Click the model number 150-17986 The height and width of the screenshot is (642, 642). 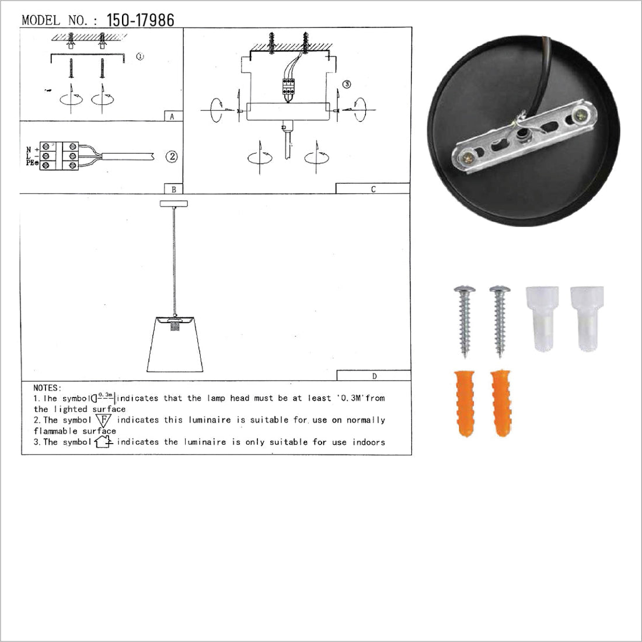tap(141, 20)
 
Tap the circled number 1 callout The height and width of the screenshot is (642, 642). tap(140, 57)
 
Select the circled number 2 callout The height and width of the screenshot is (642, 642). tap(172, 156)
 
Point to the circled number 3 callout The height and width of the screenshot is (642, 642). tap(347, 85)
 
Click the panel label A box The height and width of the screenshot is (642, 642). tap(173, 116)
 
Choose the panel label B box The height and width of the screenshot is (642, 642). tap(173, 189)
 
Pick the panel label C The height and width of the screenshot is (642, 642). tap(373, 189)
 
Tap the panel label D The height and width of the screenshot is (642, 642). tap(374, 375)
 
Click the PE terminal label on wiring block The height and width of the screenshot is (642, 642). tap(31, 163)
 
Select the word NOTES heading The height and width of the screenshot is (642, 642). tap(47, 388)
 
